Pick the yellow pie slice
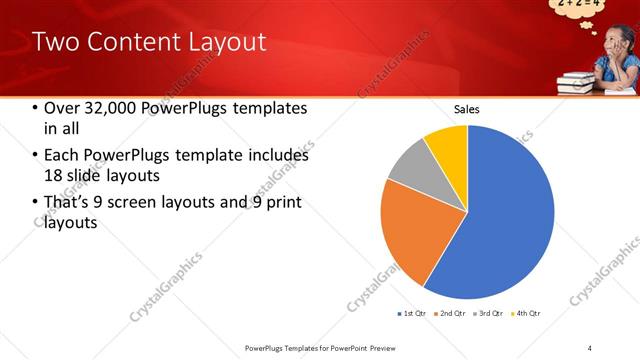447,144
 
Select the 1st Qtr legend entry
413,314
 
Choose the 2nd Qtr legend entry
451,314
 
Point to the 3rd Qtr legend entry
489,314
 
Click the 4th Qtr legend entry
527,314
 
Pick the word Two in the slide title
56,42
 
